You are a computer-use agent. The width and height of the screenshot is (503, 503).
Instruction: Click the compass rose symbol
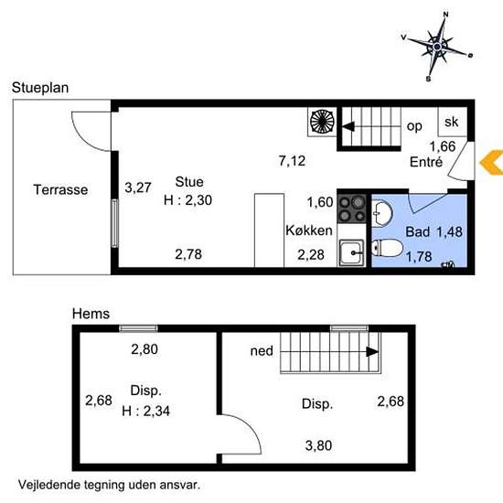click(x=437, y=47)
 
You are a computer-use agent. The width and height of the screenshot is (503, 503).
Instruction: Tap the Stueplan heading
click(x=40, y=88)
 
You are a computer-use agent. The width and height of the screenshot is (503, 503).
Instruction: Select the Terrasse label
click(x=60, y=189)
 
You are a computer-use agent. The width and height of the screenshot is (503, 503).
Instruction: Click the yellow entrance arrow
click(x=491, y=162)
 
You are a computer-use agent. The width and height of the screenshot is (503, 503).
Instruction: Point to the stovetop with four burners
click(x=351, y=209)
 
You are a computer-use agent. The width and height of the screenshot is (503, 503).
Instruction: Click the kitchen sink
click(x=351, y=252)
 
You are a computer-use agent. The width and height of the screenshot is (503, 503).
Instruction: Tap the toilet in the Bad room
click(x=387, y=248)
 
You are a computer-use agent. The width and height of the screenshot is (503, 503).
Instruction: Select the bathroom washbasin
click(x=382, y=213)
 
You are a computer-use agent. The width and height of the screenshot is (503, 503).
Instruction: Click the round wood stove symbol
click(x=322, y=122)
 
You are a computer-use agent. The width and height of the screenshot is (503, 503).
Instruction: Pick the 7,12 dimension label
click(x=292, y=161)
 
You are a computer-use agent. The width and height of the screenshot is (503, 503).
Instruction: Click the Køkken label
click(x=309, y=230)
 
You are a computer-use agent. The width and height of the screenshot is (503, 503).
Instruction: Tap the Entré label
click(x=426, y=162)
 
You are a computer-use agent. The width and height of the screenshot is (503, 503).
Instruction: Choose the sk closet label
click(x=452, y=122)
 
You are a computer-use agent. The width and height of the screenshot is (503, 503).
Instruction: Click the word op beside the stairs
click(x=414, y=126)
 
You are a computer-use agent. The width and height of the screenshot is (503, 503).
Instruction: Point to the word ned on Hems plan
click(x=262, y=351)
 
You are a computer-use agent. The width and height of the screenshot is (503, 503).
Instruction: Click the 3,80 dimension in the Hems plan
click(x=318, y=445)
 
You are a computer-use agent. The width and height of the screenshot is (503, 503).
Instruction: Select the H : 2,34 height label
click(x=146, y=411)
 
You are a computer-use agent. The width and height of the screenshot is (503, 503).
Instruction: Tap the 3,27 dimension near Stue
click(x=138, y=187)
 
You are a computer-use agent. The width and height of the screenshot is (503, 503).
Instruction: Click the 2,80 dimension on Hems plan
click(x=144, y=349)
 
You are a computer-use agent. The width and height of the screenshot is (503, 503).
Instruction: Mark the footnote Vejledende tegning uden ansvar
click(x=109, y=485)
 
